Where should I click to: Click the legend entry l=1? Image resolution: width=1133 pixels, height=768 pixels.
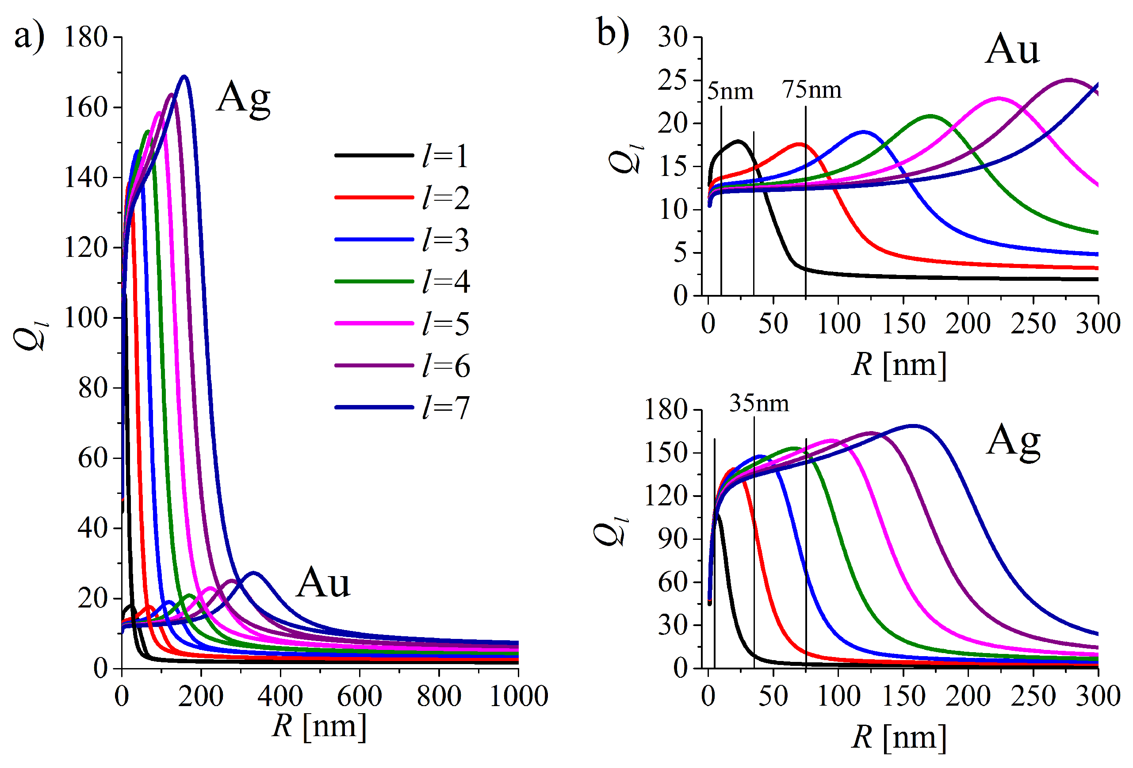click(445, 156)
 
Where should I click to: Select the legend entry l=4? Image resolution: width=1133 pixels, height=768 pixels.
click(445, 282)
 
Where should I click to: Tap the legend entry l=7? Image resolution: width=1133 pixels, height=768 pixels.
click(445, 407)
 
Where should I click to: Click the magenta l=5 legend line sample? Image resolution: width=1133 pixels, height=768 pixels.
click(374, 324)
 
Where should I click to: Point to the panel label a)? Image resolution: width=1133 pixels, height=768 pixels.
click(29, 37)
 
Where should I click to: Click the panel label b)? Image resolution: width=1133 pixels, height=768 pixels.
click(613, 33)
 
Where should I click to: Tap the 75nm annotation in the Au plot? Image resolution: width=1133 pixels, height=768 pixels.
click(812, 90)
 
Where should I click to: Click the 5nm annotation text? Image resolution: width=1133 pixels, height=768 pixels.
click(730, 92)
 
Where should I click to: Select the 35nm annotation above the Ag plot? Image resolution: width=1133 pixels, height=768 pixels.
click(758, 404)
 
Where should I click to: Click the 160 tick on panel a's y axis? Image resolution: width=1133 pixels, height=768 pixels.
click(86, 107)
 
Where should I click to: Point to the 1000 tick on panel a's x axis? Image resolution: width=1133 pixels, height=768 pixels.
click(518, 696)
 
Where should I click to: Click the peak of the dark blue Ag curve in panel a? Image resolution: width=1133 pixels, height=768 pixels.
click(184, 76)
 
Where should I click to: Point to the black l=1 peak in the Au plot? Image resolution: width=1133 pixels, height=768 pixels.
click(738, 142)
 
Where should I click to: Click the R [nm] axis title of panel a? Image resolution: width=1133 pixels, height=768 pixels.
click(319, 726)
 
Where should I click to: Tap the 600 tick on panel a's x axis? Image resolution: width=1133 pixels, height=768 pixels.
click(359, 696)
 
